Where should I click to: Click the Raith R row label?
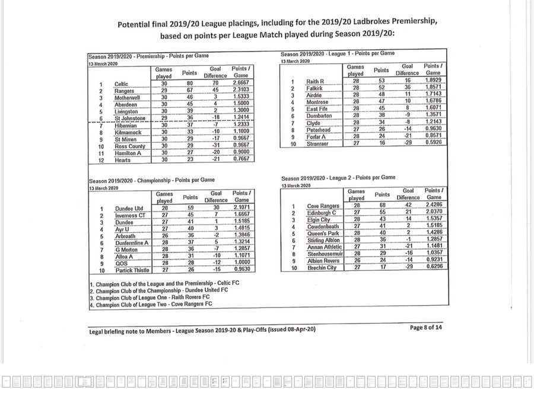click(x=315, y=81)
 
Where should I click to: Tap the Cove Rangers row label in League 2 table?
click(x=323, y=206)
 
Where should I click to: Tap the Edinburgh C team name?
click(x=322, y=213)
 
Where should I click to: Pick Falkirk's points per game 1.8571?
click(x=436, y=88)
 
